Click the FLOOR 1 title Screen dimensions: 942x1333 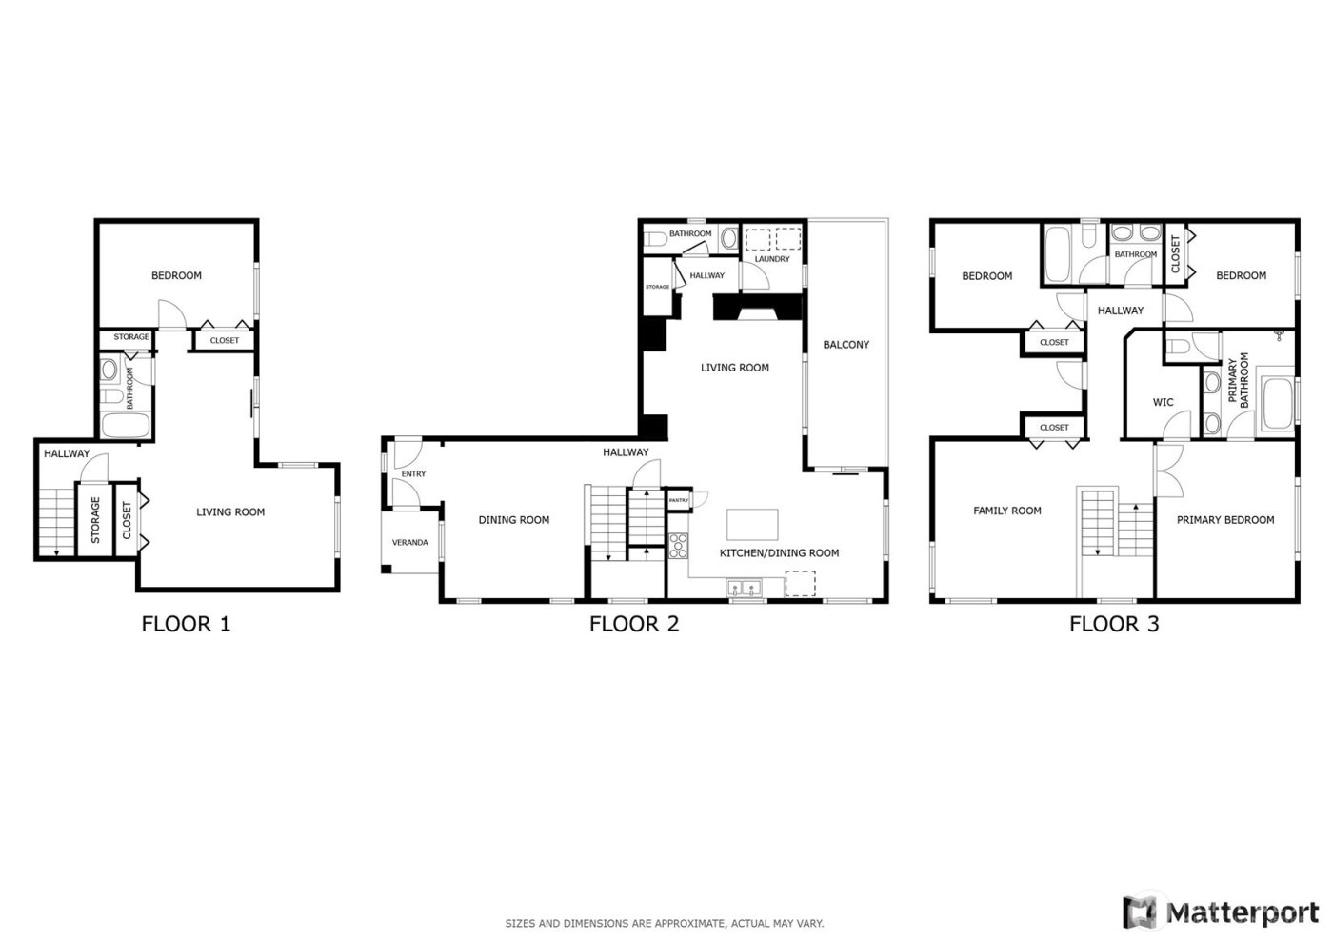pos(186,624)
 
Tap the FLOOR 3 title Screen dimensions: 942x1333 pos(1113,624)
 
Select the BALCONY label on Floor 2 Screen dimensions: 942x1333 pos(846,345)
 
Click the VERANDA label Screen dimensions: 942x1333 pos(409,543)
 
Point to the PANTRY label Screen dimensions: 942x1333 pos(679,500)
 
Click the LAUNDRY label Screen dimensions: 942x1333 pos(771,259)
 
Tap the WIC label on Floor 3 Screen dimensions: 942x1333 pos(1163,403)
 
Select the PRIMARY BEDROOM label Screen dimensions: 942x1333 pos(1224,520)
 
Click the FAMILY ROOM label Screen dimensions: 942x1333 pos(1006,511)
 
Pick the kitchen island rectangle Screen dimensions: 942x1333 pos(752,525)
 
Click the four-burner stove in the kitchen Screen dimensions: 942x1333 pos(679,546)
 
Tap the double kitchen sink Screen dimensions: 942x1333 pos(744,587)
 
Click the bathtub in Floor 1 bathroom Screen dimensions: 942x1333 pos(120,425)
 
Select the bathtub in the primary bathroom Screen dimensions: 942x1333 pos(1276,404)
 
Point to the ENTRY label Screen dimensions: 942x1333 pos(413,474)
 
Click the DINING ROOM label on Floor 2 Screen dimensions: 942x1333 pos(513,520)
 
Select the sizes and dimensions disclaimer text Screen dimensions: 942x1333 pos(664,923)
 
